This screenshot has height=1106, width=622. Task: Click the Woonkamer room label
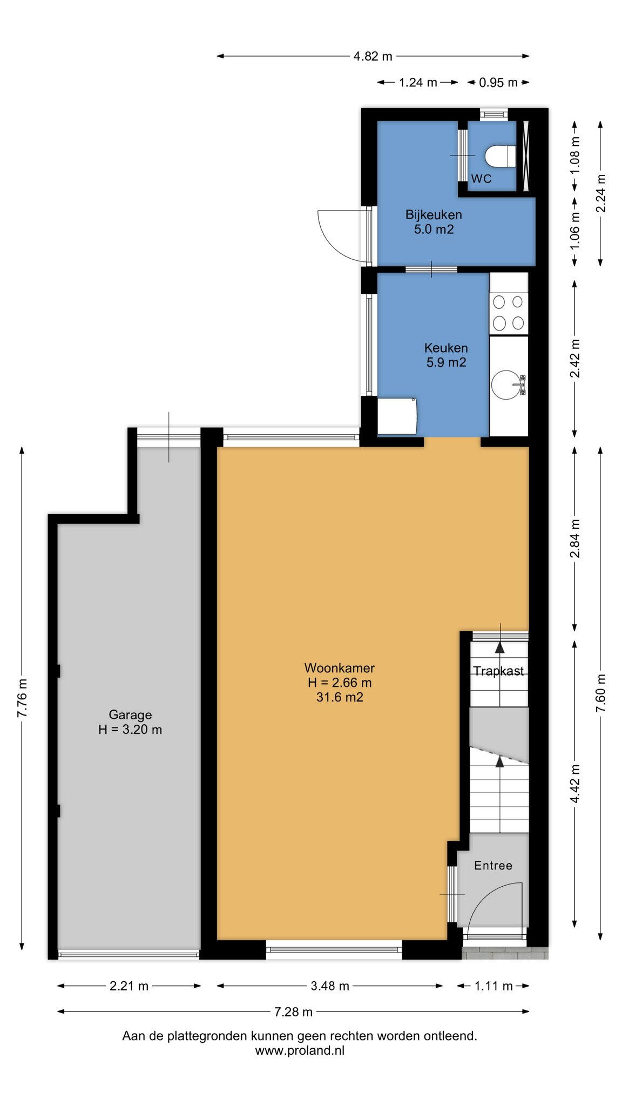(340, 668)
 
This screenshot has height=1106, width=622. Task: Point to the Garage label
(130, 715)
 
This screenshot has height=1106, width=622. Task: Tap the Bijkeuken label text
(434, 215)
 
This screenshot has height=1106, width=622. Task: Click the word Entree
(493, 866)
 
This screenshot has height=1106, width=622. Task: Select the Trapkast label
(498, 671)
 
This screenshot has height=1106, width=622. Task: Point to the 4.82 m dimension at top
(373, 56)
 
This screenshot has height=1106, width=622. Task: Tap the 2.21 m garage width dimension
(129, 986)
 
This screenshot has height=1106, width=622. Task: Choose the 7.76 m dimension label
(22, 698)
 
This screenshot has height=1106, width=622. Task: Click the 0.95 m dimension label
(498, 83)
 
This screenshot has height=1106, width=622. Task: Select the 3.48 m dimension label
(330, 986)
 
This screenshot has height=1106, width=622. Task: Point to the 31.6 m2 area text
(340, 697)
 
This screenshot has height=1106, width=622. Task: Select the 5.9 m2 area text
(446, 362)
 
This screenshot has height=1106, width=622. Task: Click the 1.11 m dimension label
(493, 986)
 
